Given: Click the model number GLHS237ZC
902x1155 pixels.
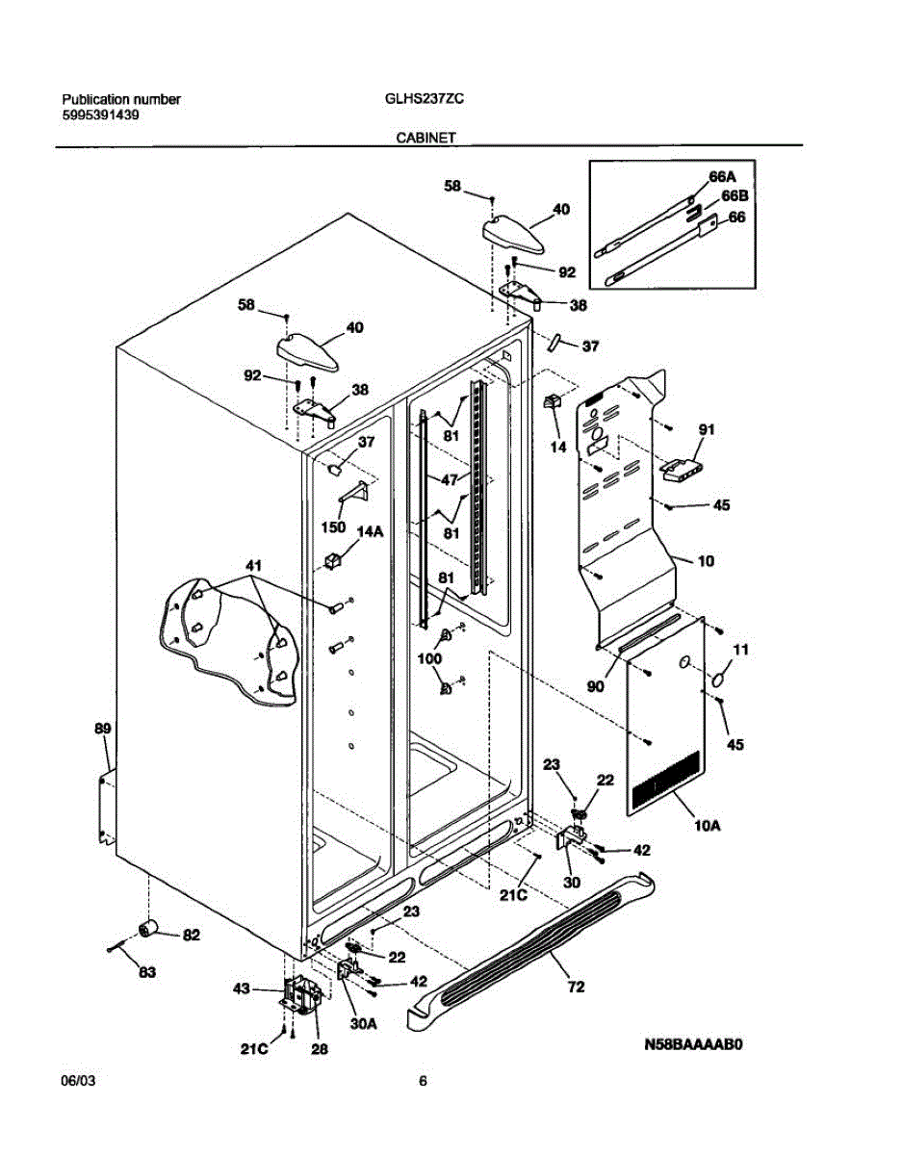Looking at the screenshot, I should (425, 99).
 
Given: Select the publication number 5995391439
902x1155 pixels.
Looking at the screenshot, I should (100, 115).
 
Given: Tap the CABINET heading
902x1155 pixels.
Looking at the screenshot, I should (425, 139).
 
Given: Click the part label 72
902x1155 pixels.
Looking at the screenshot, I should (575, 987).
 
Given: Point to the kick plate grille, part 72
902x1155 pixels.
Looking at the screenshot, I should (539, 938).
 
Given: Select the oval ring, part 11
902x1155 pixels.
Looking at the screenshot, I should (717, 680).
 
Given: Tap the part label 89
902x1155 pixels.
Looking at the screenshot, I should (103, 730).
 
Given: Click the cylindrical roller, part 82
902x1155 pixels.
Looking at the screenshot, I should (149, 928).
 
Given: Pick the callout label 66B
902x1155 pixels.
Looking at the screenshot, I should (734, 196).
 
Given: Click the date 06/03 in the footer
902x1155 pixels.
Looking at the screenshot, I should (78, 1081).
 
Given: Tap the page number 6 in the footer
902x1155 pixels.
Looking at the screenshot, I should (423, 1081).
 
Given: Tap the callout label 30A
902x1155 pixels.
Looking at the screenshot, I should (362, 1025).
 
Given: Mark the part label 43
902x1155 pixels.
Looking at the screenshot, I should (242, 988).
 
